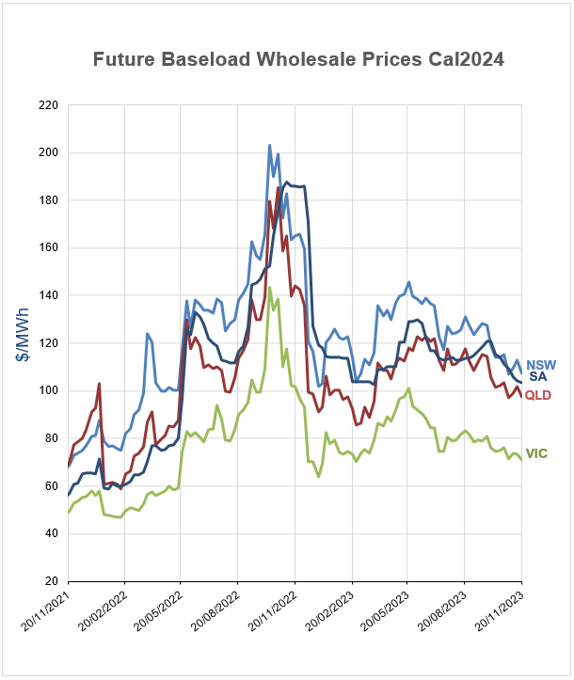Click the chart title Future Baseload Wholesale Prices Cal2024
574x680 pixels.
(x=298, y=59)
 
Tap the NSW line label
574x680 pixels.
(x=540, y=365)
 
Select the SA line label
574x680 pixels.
(x=537, y=377)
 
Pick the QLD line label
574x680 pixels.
(x=538, y=395)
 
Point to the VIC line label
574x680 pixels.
(x=537, y=454)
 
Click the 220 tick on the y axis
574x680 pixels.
(x=48, y=105)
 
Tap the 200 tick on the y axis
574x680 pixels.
(x=48, y=152)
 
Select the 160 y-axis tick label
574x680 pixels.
(x=48, y=247)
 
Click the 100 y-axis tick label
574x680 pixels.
(x=48, y=390)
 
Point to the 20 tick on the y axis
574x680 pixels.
(x=51, y=581)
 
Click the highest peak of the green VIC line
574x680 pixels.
(x=270, y=288)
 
